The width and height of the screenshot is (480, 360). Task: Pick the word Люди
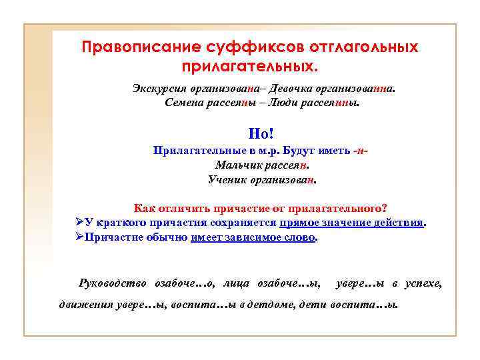[x=275, y=103]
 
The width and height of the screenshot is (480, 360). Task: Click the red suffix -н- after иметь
[x=362, y=151]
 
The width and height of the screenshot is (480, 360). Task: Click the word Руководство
[x=113, y=283]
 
